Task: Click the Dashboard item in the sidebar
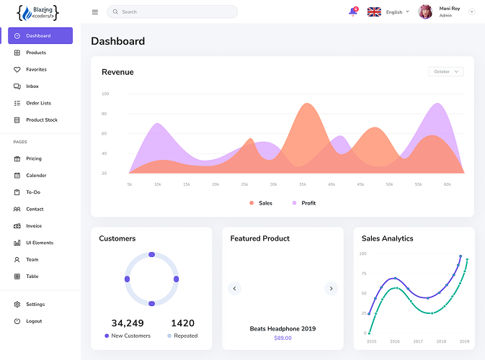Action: pyautogui.click(x=40, y=35)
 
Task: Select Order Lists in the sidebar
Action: pyautogui.click(x=38, y=103)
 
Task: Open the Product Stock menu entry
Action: pyautogui.click(x=41, y=120)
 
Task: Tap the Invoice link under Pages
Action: pyautogui.click(x=34, y=226)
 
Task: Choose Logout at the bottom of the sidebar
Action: pyautogui.click(x=34, y=321)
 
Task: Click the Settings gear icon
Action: pyautogui.click(x=17, y=305)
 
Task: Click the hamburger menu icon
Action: pyautogui.click(x=95, y=12)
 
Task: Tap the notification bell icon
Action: pyautogui.click(x=352, y=12)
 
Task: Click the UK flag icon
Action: pyautogui.click(x=374, y=12)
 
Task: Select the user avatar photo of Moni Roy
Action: pyautogui.click(x=425, y=12)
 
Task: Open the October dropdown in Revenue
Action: pyautogui.click(x=445, y=72)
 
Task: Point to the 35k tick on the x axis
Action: pyautogui.click(x=303, y=184)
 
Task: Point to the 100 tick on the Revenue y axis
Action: pyautogui.click(x=105, y=94)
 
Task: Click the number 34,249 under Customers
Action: pyautogui.click(x=128, y=323)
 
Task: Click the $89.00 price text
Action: pyautogui.click(x=282, y=338)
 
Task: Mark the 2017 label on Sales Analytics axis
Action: pyautogui.click(x=418, y=341)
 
